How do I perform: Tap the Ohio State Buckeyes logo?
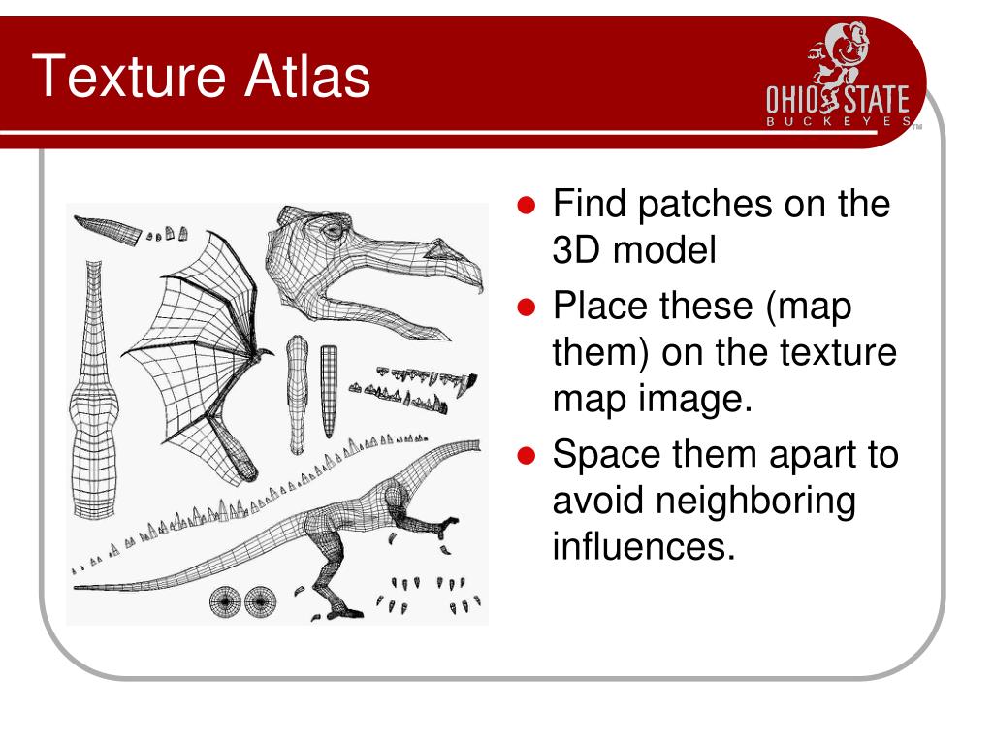click(839, 82)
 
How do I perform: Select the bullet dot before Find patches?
click(527, 207)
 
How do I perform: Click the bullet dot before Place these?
click(527, 308)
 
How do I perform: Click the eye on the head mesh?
click(333, 231)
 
